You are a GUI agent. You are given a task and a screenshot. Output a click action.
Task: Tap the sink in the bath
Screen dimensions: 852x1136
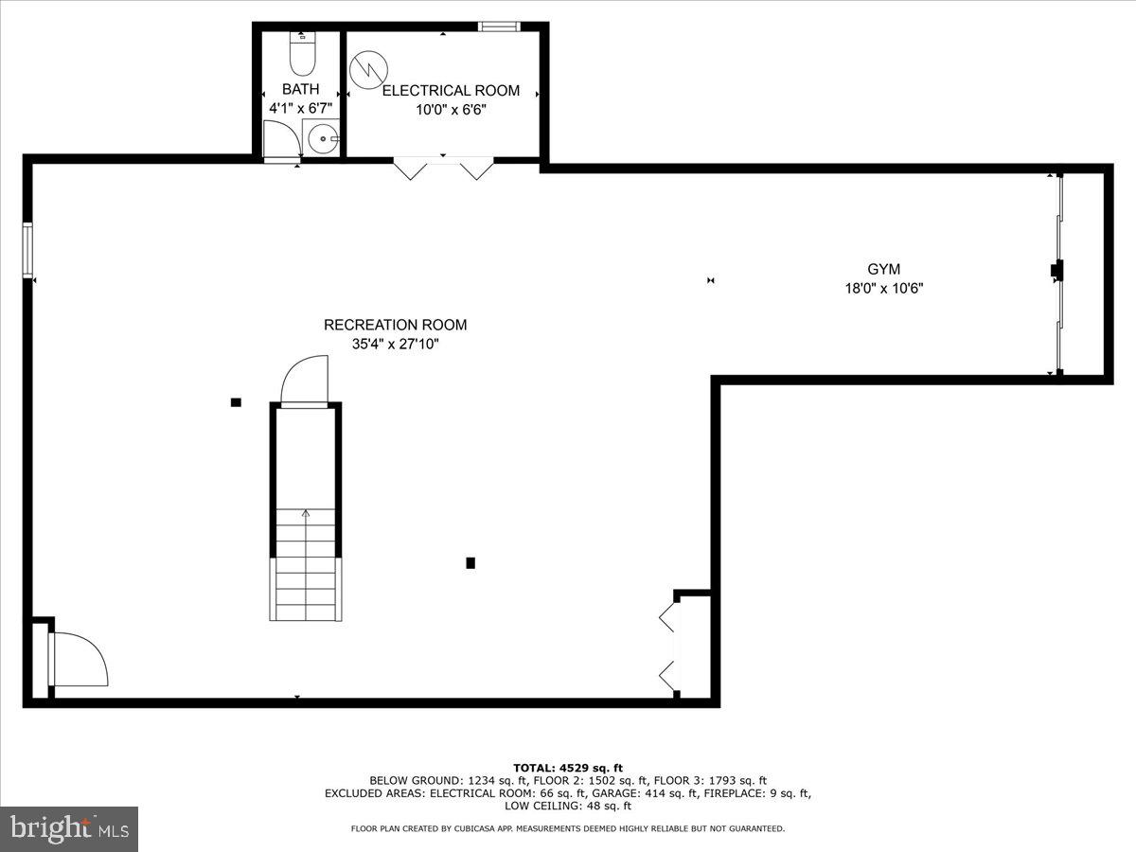324,138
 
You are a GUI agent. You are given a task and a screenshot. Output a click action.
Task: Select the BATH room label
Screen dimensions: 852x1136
300,89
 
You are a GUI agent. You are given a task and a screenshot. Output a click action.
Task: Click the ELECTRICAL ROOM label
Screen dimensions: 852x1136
451,91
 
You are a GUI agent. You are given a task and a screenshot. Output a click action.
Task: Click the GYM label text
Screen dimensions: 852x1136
883,270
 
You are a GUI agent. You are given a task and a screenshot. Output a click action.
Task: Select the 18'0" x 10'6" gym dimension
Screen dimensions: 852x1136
883,289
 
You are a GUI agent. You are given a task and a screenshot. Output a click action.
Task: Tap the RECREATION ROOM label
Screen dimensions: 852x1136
395,325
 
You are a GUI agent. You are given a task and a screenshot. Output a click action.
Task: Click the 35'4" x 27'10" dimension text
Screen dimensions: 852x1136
395,345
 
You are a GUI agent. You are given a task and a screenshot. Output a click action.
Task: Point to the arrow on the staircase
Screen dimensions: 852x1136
306,515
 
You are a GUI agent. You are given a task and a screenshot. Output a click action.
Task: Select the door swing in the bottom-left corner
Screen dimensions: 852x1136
80,660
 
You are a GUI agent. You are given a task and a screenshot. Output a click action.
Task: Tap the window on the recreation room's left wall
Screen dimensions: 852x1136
27,250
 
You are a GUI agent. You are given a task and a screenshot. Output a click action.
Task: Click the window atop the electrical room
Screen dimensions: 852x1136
499,27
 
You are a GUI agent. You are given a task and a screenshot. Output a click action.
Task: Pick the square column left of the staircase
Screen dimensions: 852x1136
236,402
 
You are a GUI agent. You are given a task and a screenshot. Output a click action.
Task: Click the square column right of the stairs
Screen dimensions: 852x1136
470,563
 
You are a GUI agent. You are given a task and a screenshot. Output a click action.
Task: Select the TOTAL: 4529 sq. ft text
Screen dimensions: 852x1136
568,768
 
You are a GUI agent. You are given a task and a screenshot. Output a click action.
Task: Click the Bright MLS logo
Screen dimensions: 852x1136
69,829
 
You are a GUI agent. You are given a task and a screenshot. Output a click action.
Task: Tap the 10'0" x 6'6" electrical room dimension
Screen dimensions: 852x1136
451,110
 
